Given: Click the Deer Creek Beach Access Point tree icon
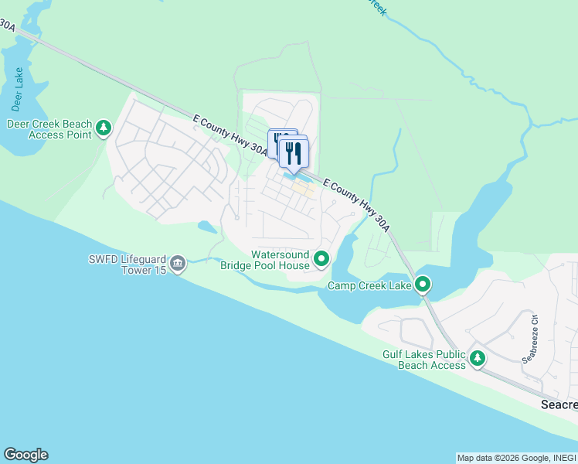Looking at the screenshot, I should tap(104, 128).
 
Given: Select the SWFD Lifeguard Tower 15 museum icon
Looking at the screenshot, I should tap(178, 264).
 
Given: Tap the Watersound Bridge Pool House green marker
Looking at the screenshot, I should tap(321, 259).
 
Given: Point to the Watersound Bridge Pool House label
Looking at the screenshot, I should tap(264, 260).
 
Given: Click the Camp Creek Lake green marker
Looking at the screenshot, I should tap(423, 285).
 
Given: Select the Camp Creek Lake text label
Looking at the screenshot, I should tap(369, 285).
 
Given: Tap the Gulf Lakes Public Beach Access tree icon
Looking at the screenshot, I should tap(478, 358).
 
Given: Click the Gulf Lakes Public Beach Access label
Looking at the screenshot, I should tap(424, 360).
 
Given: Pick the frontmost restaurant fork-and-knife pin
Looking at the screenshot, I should tap(294, 152).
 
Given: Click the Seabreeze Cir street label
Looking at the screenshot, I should tap(531, 338).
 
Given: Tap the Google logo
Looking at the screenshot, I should tap(25, 455).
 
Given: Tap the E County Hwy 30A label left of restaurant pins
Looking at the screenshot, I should tap(230, 135).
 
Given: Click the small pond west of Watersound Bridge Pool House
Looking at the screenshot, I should tap(207, 227).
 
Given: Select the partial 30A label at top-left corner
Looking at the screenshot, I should tap(7, 26).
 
